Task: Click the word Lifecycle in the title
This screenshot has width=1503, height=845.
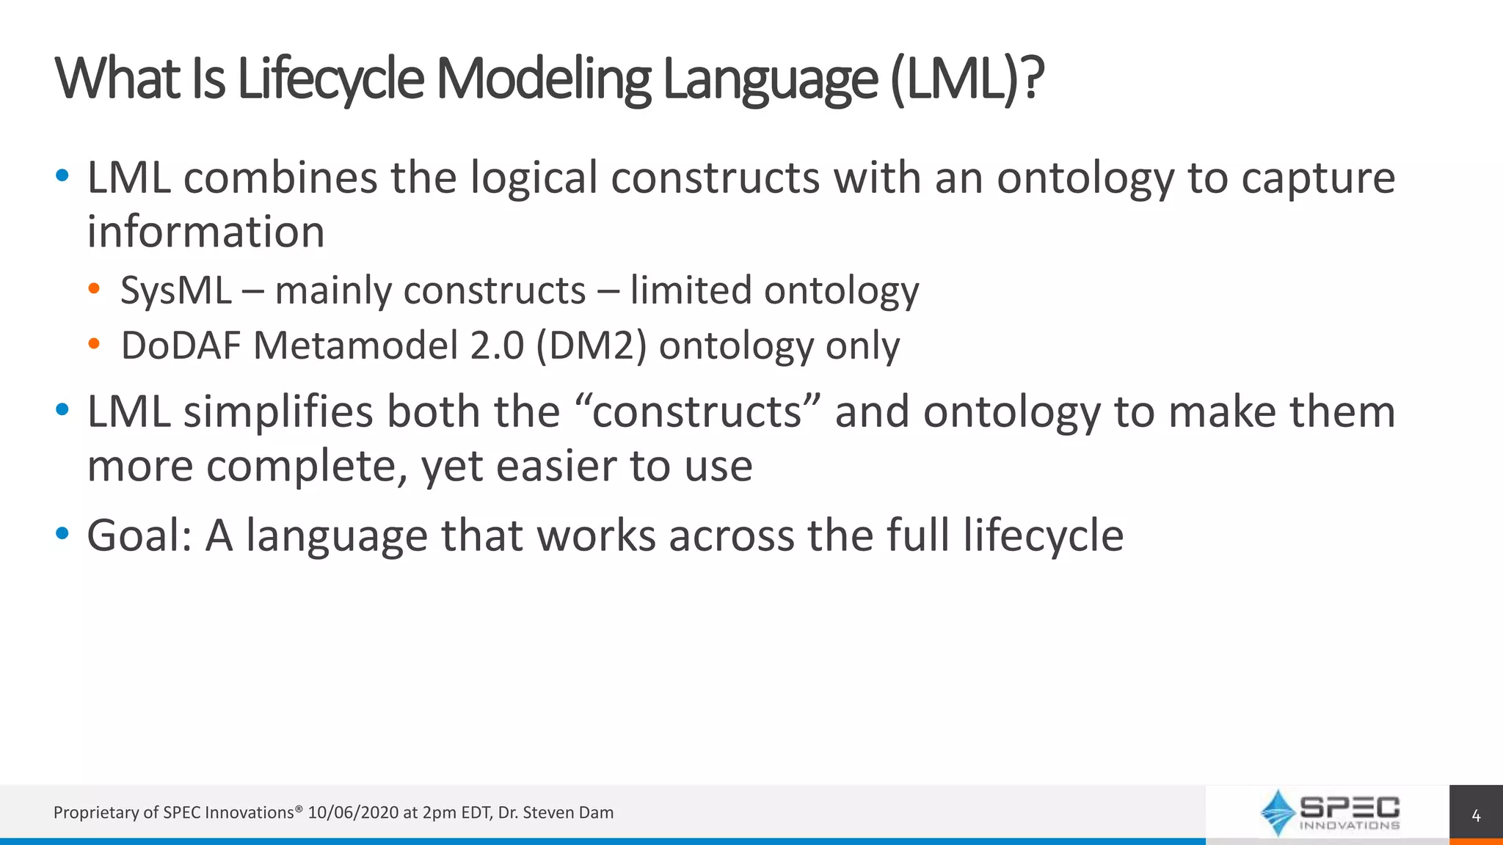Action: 330,79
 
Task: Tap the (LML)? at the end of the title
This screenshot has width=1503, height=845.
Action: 967,79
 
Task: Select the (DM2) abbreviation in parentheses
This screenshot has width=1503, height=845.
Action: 592,345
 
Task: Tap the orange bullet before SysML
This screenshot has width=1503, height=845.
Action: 94,289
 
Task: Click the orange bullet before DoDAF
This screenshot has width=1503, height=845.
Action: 94,343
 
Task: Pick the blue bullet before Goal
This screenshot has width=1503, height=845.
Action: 62,533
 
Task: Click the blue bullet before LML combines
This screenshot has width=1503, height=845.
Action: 62,176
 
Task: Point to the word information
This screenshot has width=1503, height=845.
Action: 205,232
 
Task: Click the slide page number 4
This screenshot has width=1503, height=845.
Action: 1476,816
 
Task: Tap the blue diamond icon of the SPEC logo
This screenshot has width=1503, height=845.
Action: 1278,813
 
